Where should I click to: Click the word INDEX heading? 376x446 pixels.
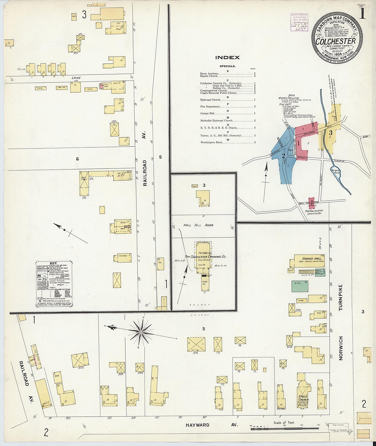pyautogui.click(x=227, y=57)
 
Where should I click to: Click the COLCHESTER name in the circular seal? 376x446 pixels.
pyautogui.click(x=335, y=41)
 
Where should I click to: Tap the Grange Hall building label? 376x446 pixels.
pyautogui.click(x=311, y=259)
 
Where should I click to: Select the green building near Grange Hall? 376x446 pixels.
pyautogui.click(x=300, y=286)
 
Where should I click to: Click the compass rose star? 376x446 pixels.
pyautogui.click(x=141, y=332)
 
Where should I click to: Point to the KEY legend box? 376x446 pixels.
pyautogui.click(x=54, y=284)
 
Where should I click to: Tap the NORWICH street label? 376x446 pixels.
pyautogui.click(x=341, y=348)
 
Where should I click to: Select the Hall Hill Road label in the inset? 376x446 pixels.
pyautogui.click(x=198, y=225)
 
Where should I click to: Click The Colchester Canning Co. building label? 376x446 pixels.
pyautogui.click(x=205, y=256)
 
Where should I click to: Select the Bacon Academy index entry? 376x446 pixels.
pyautogui.click(x=209, y=73)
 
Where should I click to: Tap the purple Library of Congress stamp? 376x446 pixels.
pyautogui.click(x=299, y=22)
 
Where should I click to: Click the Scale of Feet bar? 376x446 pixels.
pyautogui.click(x=285, y=428)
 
